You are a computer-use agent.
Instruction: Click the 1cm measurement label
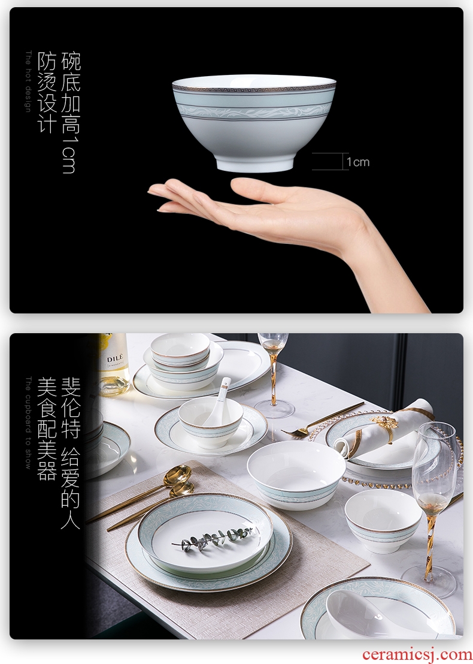pos(358,162)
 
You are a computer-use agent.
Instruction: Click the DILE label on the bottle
pos(115,358)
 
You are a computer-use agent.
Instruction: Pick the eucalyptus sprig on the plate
pos(214,538)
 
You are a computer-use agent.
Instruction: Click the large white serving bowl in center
pos(296,475)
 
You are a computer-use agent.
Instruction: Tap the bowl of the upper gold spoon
pos(178,475)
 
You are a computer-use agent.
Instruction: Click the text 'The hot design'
pos(28,82)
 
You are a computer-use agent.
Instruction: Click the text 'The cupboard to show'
pos(28,422)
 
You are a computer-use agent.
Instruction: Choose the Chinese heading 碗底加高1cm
pos(70,112)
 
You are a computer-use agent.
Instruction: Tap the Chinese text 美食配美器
pos(47,429)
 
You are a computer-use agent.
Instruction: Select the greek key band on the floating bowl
pos(254,89)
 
